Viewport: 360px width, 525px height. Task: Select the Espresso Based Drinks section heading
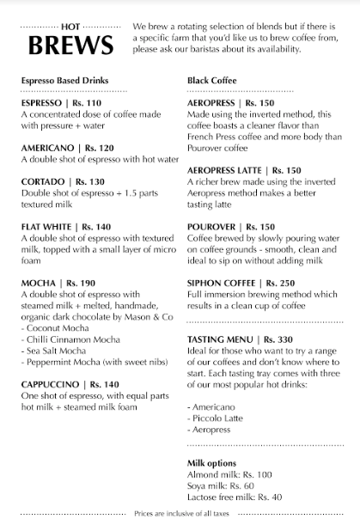[64, 81]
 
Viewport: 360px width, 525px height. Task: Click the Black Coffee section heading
[211, 81]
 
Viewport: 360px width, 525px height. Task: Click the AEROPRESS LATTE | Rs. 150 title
[244, 170]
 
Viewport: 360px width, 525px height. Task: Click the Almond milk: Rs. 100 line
[229, 474]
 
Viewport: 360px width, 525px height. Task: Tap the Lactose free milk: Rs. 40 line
[235, 497]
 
